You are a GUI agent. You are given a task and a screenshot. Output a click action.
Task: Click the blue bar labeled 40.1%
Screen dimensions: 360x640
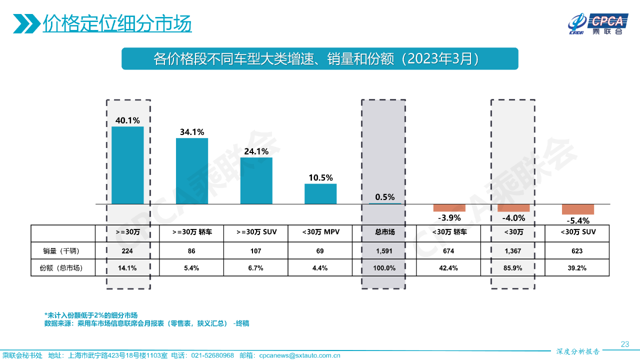(127, 165)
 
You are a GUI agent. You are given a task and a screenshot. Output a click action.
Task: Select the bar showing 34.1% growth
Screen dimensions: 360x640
(191, 171)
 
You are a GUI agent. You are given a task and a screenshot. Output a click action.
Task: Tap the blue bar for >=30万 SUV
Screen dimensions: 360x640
(256, 180)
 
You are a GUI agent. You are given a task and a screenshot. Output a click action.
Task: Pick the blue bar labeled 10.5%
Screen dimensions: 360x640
(320, 194)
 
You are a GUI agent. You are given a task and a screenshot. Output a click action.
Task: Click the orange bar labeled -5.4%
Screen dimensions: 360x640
(577, 209)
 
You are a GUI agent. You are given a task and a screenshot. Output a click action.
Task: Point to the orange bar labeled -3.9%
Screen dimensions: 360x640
(449, 208)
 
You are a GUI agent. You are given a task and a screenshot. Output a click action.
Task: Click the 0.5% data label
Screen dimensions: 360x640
(385, 197)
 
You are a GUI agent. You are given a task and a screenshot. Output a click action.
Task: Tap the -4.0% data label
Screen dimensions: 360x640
(513, 218)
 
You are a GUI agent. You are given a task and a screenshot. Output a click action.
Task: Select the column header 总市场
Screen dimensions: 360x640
(385, 232)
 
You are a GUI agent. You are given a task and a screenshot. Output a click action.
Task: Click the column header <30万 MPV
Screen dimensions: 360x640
(320, 232)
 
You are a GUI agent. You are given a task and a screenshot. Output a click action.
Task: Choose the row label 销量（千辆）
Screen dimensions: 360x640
(62, 251)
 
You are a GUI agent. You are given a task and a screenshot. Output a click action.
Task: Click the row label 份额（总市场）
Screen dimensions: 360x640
(62, 268)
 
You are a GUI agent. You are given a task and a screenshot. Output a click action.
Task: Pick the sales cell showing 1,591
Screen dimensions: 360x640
(385, 251)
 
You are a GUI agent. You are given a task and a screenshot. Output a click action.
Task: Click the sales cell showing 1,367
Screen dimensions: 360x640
(513, 251)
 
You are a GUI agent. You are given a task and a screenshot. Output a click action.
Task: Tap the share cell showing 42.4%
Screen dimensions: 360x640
(449, 268)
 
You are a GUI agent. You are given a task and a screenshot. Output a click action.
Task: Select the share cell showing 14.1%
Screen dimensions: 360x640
(127, 268)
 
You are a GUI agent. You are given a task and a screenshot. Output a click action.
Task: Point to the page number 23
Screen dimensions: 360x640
(624, 344)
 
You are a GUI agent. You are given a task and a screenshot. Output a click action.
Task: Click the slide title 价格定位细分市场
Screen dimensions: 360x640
(117, 23)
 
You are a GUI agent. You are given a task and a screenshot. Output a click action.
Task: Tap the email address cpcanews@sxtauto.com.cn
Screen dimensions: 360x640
(299, 355)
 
